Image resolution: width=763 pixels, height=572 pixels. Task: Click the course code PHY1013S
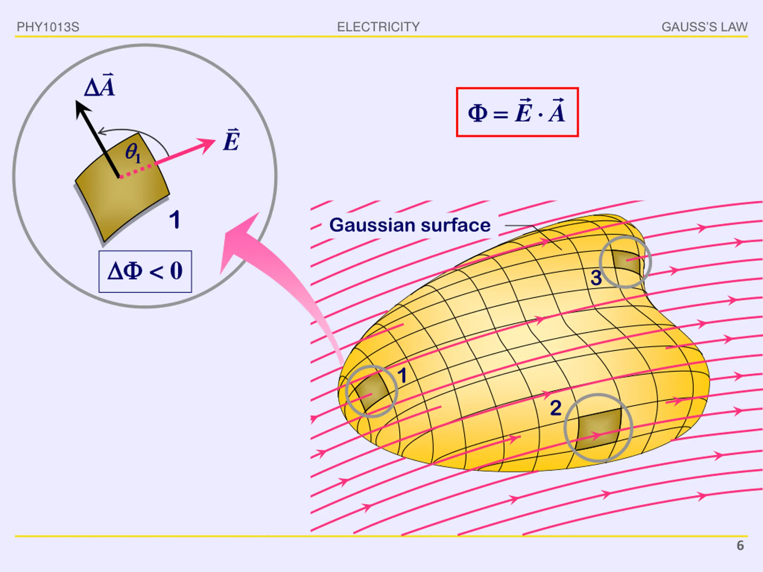(x=48, y=27)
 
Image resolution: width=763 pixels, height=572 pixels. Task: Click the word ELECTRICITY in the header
(x=378, y=27)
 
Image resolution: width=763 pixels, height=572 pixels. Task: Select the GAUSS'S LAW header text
(x=704, y=27)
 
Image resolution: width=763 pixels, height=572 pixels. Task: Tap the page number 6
(x=740, y=545)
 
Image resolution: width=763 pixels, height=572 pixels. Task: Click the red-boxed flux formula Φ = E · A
(x=517, y=112)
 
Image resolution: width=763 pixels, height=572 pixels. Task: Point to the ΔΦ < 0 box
(x=145, y=271)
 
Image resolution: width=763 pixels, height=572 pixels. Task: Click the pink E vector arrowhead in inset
(x=208, y=144)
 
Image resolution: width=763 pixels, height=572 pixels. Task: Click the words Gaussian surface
(x=410, y=225)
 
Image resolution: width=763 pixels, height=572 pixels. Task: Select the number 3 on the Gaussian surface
(x=596, y=278)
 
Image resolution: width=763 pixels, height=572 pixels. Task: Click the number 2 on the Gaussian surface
(x=555, y=408)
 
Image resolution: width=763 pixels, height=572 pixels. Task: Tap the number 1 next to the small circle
(x=402, y=375)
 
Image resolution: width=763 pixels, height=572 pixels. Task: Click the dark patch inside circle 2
(x=598, y=429)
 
